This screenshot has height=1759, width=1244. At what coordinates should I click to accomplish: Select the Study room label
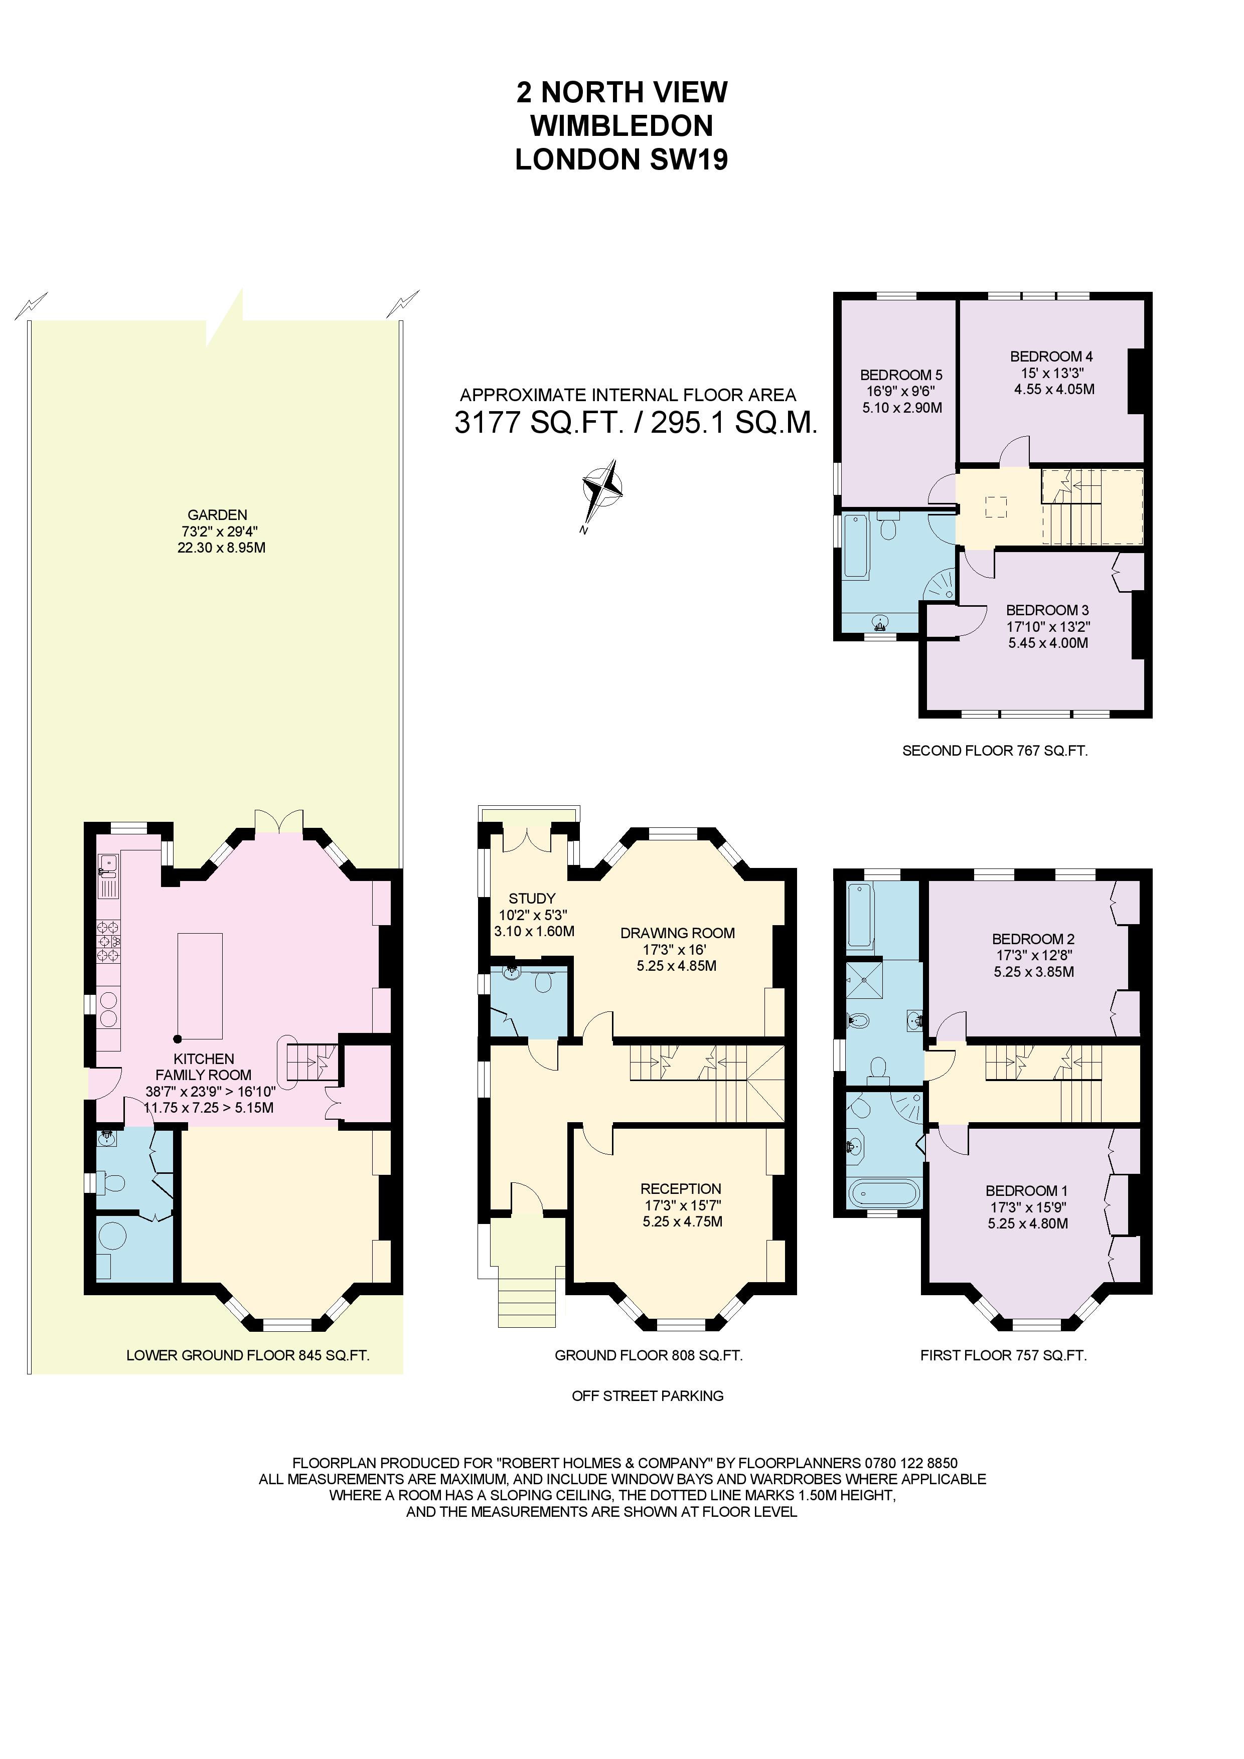pyautogui.click(x=532, y=898)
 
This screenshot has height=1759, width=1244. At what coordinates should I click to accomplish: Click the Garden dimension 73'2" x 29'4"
pyautogui.click(x=218, y=532)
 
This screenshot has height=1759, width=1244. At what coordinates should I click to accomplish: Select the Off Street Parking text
pyautogui.click(x=647, y=1396)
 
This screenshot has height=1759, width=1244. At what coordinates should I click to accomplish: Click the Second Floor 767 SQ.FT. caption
pyautogui.click(x=994, y=751)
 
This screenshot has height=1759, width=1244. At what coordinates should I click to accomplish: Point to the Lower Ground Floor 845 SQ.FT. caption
pyautogui.click(x=248, y=1355)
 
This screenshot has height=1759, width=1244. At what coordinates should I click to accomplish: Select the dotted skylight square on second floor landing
pyautogui.click(x=996, y=507)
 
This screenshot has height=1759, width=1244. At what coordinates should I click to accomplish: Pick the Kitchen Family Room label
pyautogui.click(x=204, y=1067)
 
